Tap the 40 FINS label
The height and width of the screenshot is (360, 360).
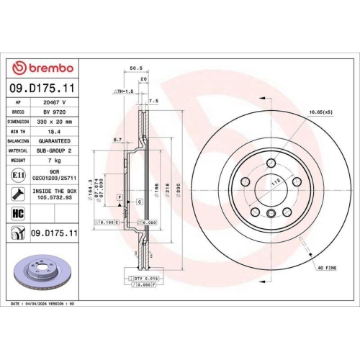pyautogui.click(x=326, y=267)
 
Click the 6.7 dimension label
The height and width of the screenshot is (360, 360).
pyautogui.click(x=116, y=139)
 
